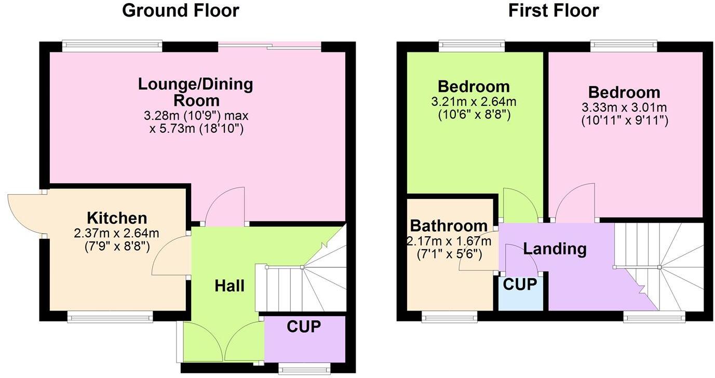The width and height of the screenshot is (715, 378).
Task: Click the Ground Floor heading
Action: click(x=180, y=10)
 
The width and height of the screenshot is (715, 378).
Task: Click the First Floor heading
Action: click(x=554, y=10)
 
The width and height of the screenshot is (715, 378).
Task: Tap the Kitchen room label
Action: click(x=117, y=218)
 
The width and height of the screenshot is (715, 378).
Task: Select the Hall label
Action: click(x=230, y=286)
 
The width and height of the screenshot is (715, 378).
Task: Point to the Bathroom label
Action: click(x=449, y=226)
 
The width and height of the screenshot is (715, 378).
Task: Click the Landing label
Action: click(x=555, y=249)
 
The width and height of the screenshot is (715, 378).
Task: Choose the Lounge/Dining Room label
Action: click(x=195, y=92)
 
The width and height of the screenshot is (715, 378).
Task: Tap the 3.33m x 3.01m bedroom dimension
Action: click(x=624, y=108)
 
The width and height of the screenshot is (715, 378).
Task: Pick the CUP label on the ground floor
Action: click(x=304, y=327)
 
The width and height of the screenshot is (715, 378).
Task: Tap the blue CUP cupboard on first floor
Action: click(x=520, y=293)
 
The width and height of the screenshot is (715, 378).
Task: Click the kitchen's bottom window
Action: click(x=110, y=316)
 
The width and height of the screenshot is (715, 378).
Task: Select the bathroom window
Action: click(x=449, y=316)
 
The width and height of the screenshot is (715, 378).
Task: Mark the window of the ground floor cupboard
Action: click(x=304, y=369)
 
